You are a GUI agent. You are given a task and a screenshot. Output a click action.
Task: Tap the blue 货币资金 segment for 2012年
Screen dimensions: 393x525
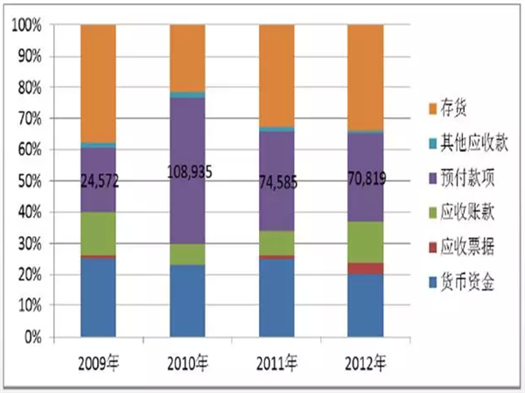(365, 305)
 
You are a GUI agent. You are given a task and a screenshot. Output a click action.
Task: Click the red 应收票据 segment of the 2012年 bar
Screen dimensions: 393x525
(365, 268)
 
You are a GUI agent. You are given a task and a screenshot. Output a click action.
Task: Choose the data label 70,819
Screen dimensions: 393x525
(365, 183)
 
